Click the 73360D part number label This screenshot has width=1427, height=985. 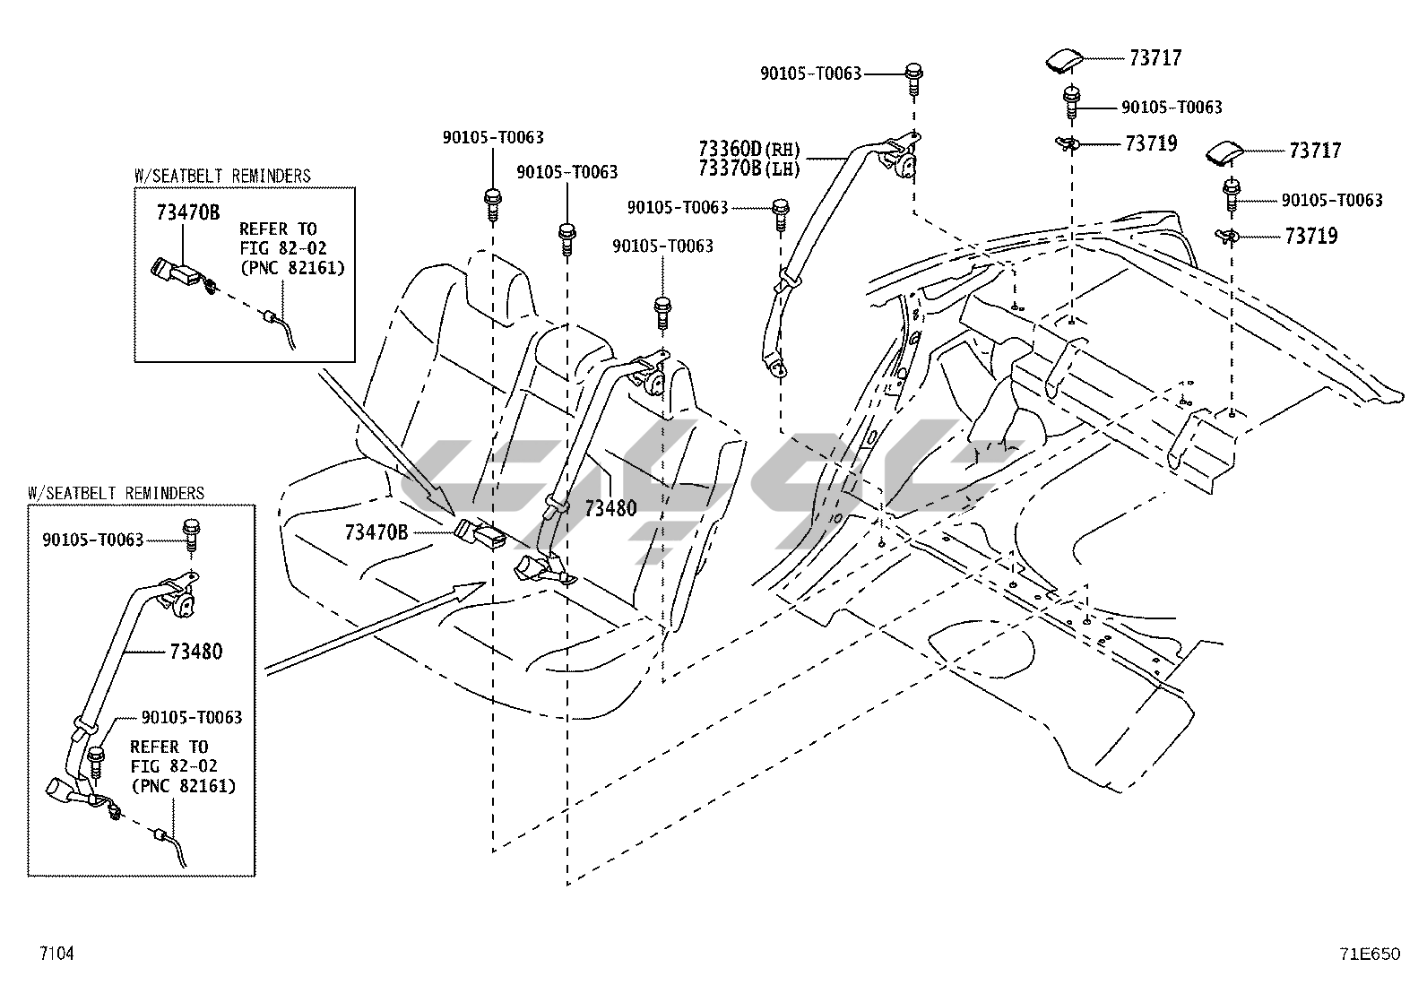tap(730, 149)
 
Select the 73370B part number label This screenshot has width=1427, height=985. tap(730, 168)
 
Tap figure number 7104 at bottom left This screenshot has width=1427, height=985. tap(56, 953)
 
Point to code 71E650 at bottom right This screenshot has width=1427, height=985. tap(1370, 954)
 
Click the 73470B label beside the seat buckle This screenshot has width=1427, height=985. tap(376, 532)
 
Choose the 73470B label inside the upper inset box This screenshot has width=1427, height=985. tap(188, 212)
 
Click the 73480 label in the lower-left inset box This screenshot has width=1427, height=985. tap(196, 652)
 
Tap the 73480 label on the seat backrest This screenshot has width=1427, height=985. tap(611, 508)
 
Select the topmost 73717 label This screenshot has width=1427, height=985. tap(1155, 58)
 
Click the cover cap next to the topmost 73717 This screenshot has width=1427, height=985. tap(1065, 60)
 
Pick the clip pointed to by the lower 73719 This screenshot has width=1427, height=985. tap(1227, 237)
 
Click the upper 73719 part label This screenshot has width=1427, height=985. tap(1151, 143)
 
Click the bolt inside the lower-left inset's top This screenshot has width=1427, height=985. tap(191, 534)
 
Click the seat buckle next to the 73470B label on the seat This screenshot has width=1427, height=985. tap(481, 532)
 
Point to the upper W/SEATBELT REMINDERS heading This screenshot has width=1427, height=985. tap(222, 176)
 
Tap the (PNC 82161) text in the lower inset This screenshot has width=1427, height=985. tap(184, 785)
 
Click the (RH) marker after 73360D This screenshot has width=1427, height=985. tap(782, 150)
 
